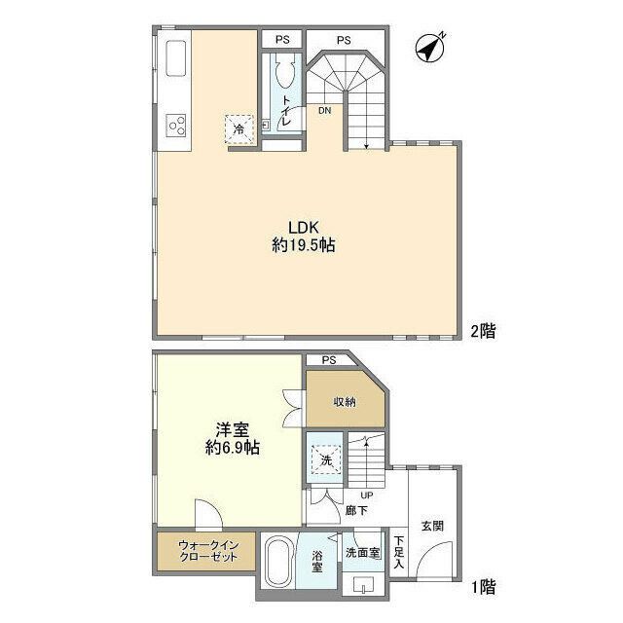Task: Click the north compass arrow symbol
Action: [428, 47]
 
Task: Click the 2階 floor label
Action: [484, 331]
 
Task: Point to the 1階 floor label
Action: [484, 587]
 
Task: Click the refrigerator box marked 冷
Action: [238, 128]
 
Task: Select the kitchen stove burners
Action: [176, 124]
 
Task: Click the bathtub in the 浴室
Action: [279, 562]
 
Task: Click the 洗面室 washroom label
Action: [361, 553]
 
